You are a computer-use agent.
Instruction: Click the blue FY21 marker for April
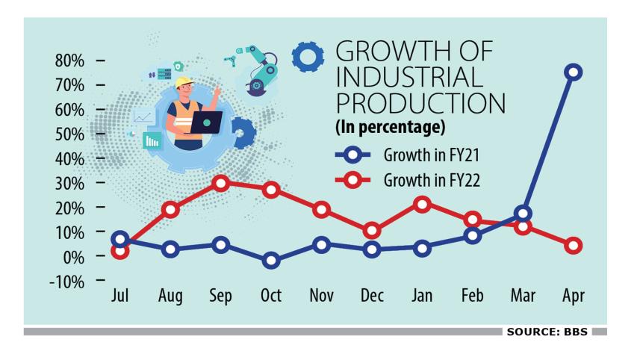click(x=574, y=72)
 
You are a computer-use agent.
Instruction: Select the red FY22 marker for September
click(x=220, y=183)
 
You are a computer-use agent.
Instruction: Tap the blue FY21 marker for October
click(x=270, y=261)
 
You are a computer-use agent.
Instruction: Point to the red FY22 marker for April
click(x=574, y=246)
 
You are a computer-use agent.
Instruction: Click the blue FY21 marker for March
click(x=523, y=214)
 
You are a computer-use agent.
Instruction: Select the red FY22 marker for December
click(x=371, y=231)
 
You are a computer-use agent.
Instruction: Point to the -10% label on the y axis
click(x=67, y=282)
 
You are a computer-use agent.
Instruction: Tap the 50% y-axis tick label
click(x=70, y=134)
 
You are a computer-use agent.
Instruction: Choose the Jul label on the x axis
click(x=119, y=296)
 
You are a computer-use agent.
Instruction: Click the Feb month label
click(x=472, y=296)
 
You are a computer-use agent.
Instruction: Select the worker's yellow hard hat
click(x=184, y=84)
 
